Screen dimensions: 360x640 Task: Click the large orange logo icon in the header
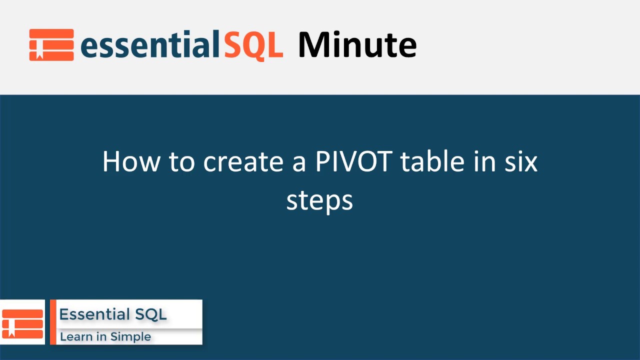[51, 45]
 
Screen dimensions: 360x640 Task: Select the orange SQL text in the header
[253, 45]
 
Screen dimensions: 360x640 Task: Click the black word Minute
[357, 45]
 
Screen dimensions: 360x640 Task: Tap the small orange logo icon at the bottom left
[22, 323]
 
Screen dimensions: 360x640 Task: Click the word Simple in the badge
[130, 337]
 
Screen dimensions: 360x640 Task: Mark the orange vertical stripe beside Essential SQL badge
[53, 322]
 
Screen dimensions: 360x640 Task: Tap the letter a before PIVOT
[299, 163]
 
